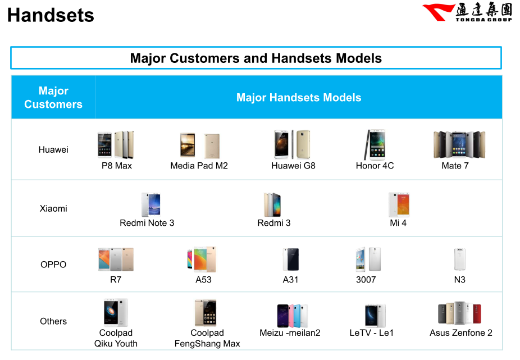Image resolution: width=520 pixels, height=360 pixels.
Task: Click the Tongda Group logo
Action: [x=467, y=12]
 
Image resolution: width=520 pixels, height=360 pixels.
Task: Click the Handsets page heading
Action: [x=51, y=15]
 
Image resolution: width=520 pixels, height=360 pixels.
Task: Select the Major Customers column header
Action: [x=53, y=97]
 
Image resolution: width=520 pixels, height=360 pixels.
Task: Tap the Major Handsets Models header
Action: [x=299, y=97]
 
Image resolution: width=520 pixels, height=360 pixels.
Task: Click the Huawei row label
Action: [x=53, y=149]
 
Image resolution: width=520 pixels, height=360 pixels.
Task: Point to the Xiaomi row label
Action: [x=53, y=208]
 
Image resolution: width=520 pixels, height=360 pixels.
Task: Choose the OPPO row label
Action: [x=53, y=265]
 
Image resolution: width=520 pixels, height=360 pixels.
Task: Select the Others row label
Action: [x=53, y=321]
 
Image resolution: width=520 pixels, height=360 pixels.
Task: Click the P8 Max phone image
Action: [x=116, y=145]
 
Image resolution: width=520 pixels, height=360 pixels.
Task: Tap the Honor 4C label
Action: [x=375, y=166]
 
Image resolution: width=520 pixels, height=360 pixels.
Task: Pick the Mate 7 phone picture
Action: [x=459, y=145]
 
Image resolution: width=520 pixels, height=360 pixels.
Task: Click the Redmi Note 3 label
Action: [x=147, y=223]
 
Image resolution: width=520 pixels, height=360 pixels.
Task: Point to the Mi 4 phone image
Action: [x=399, y=204]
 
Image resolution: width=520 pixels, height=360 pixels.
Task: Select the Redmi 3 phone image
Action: [x=272, y=204]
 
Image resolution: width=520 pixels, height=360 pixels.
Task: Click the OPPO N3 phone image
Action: [x=460, y=259]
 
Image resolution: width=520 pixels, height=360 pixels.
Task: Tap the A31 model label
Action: [x=290, y=280]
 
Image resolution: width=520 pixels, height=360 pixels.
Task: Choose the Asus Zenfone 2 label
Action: [x=461, y=333]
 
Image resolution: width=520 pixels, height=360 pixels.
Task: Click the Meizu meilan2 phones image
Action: [x=293, y=316]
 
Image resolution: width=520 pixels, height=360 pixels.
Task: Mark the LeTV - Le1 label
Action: [x=371, y=333]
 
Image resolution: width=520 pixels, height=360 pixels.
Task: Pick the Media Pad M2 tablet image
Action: [x=200, y=145]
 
